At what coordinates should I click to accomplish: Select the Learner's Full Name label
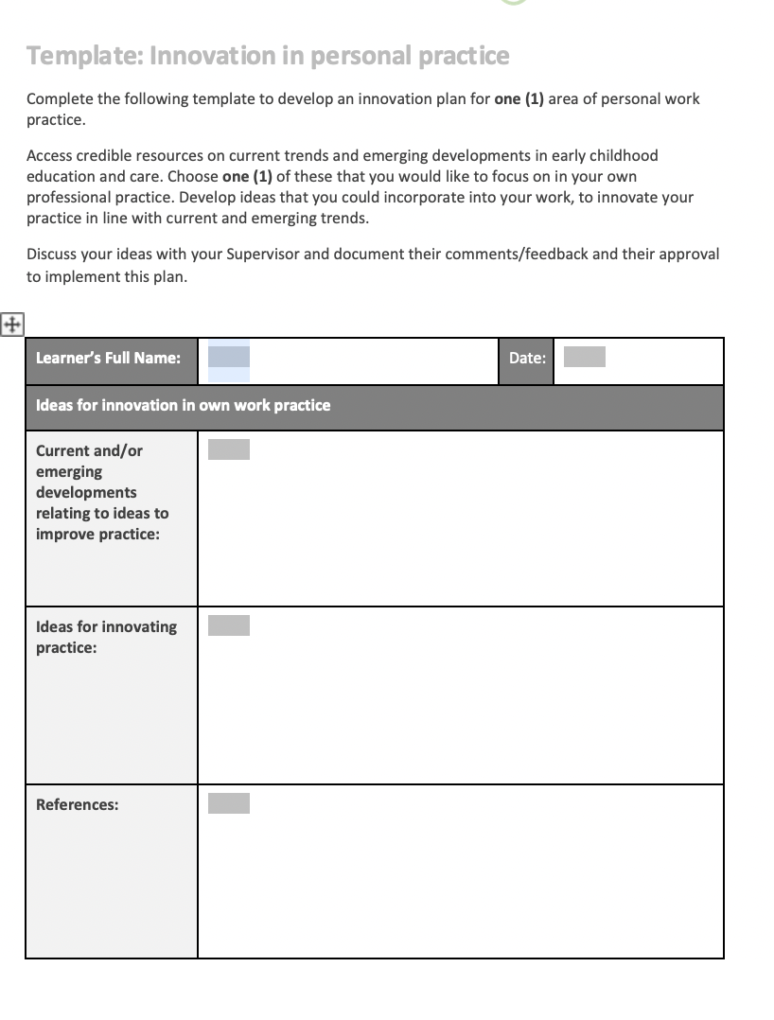(x=108, y=359)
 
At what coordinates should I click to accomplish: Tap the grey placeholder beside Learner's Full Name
(x=229, y=358)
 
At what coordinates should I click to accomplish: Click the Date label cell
(x=526, y=359)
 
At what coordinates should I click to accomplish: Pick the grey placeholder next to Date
(x=584, y=357)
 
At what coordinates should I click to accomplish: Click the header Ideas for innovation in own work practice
(x=183, y=405)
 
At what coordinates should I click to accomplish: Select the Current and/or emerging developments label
(x=101, y=492)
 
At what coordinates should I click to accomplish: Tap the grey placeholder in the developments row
(x=229, y=449)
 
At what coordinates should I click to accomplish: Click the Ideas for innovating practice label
(x=106, y=637)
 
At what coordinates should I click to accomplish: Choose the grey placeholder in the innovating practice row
(x=229, y=625)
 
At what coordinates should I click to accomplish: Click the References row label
(x=77, y=805)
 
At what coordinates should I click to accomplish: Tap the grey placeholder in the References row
(x=229, y=803)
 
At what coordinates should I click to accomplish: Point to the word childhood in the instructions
(x=623, y=155)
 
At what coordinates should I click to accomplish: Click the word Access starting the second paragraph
(x=48, y=155)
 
